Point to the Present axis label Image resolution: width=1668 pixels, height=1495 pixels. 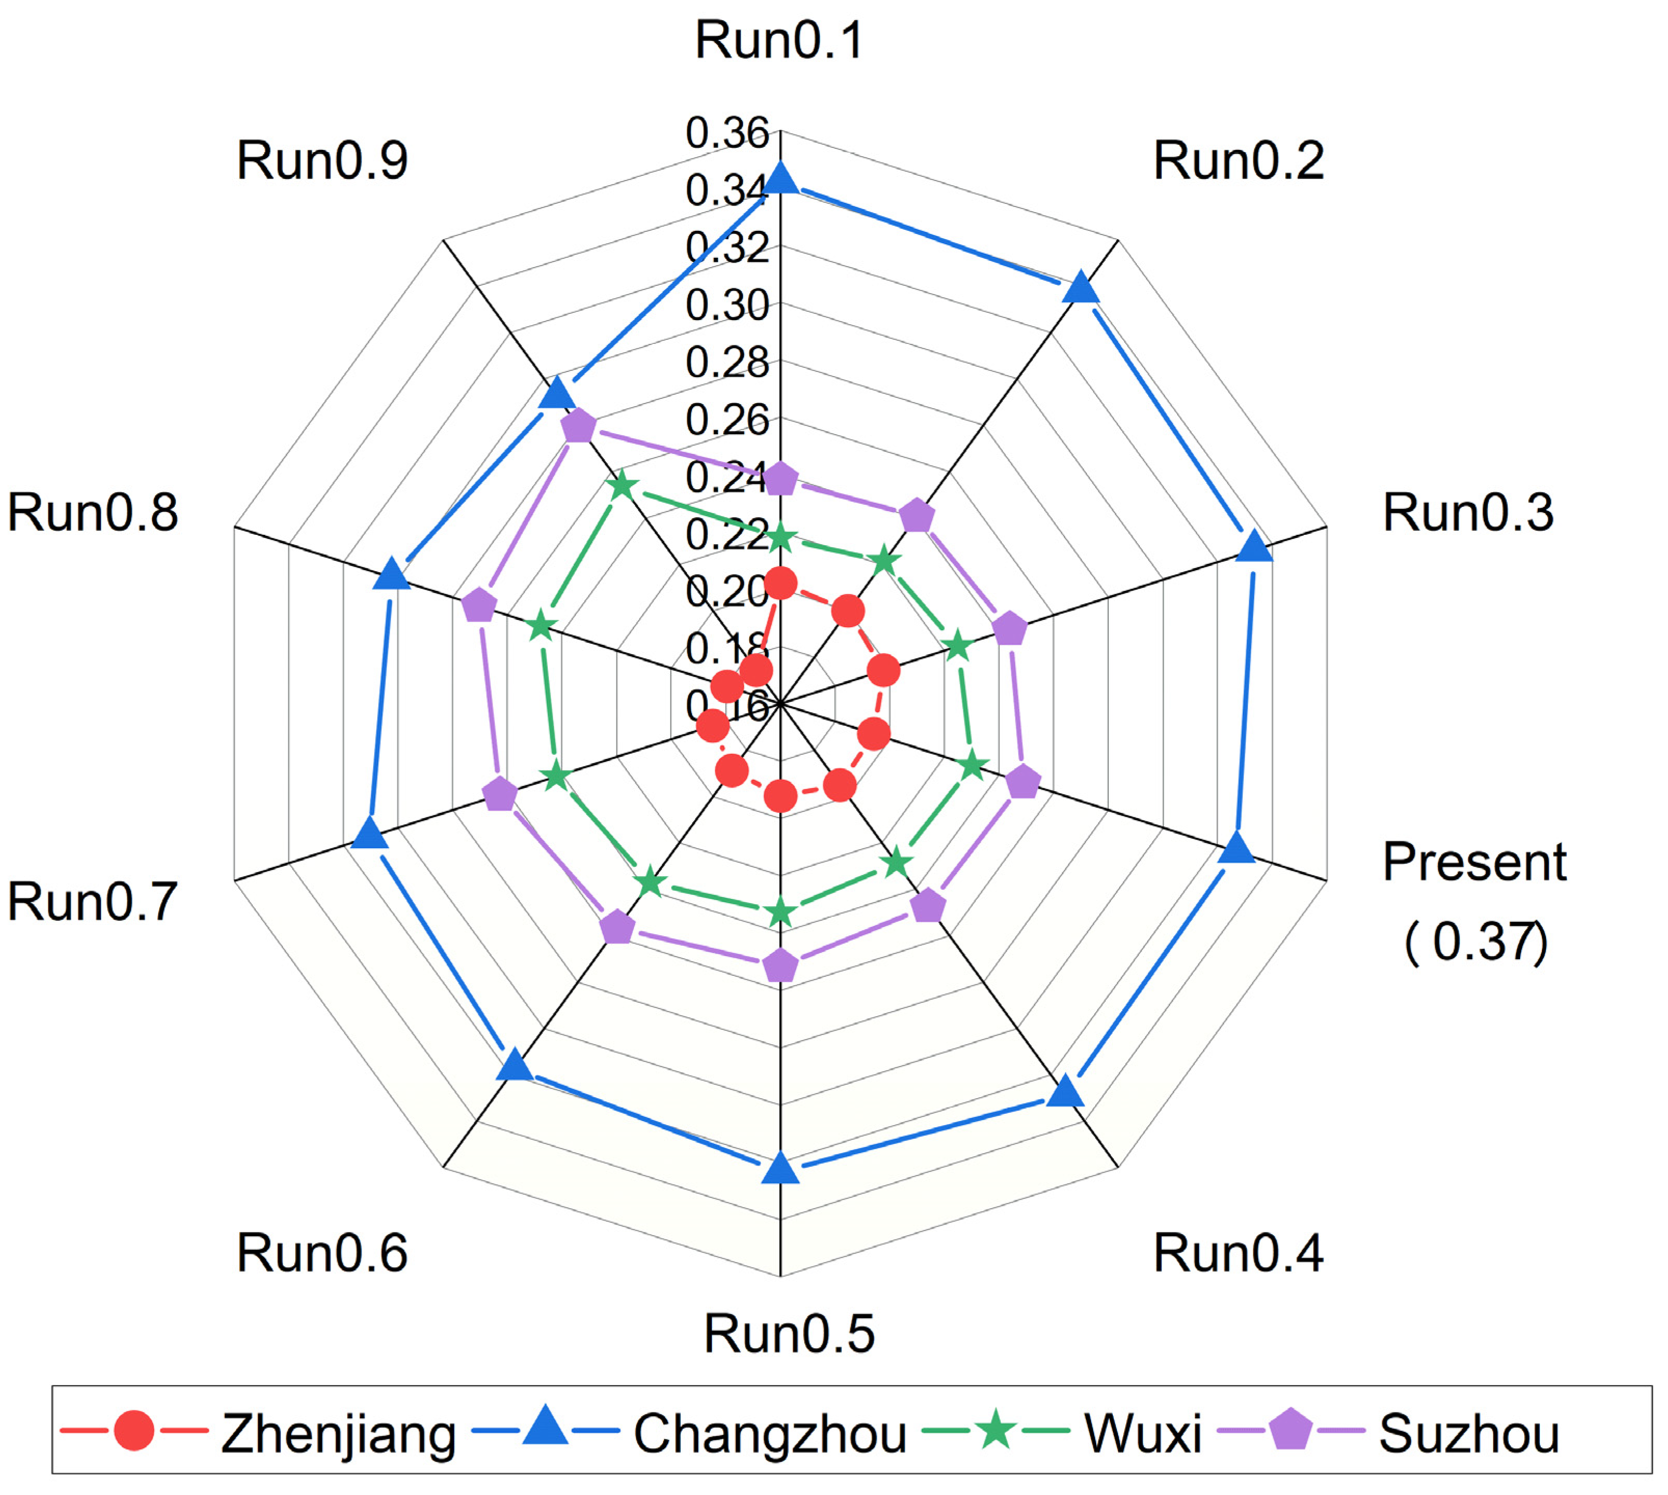click(x=1474, y=863)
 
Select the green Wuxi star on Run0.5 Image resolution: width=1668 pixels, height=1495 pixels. click(x=781, y=913)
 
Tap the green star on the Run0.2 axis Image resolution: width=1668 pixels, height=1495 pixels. click(x=884, y=562)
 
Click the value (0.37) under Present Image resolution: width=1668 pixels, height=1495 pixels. click(x=1476, y=942)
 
